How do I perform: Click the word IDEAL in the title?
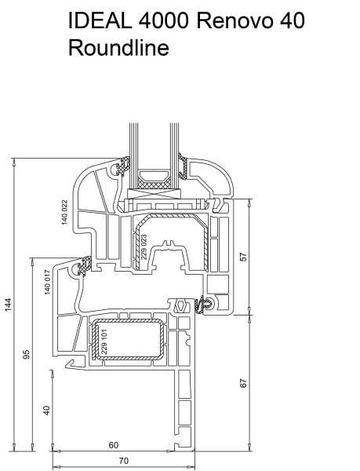[100, 20]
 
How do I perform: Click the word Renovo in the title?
[235, 20]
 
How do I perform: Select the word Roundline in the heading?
[118, 47]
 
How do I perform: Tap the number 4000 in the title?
[164, 20]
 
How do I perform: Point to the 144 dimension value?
[8, 305]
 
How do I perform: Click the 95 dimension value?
[27, 354]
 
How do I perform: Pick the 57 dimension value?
[244, 257]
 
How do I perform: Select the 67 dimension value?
[244, 383]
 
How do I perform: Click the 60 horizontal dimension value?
[114, 445]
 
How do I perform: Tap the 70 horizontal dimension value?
[124, 461]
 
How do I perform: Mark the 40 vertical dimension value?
[46, 410]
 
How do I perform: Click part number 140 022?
[64, 212]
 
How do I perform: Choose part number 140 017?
[47, 282]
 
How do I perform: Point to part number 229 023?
[144, 247]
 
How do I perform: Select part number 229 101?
[104, 341]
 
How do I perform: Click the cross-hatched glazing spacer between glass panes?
[154, 185]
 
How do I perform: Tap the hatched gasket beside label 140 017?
[83, 266]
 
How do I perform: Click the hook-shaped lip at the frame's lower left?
[71, 363]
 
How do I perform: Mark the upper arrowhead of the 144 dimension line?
[14, 162]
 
